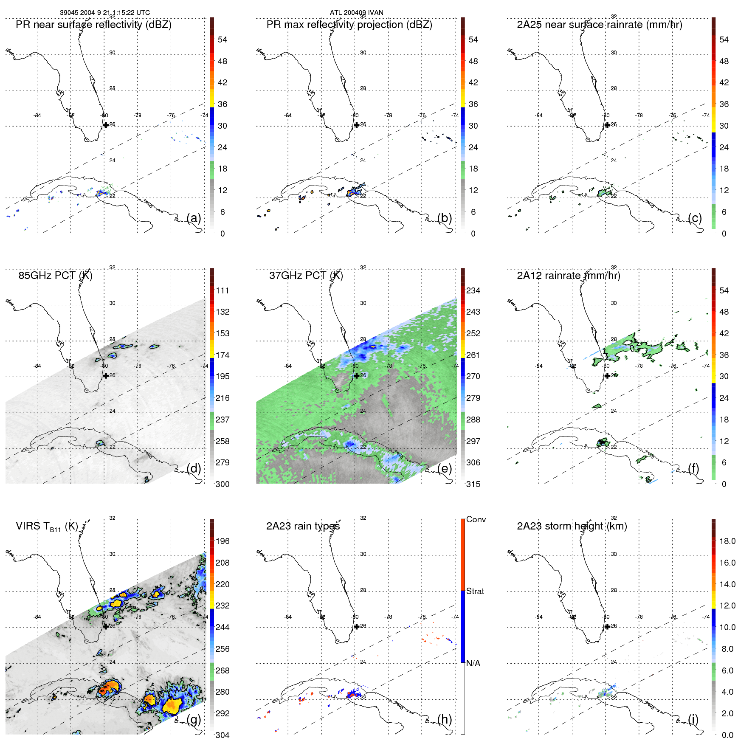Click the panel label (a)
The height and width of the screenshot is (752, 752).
pos(194,218)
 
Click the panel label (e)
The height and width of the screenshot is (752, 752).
pos(445,468)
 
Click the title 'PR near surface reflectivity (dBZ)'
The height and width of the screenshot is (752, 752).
pos(93,25)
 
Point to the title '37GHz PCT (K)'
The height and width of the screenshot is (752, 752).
pos(306,276)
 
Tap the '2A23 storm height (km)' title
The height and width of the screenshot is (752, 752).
pos(572,526)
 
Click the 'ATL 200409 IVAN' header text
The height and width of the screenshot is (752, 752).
pos(356,12)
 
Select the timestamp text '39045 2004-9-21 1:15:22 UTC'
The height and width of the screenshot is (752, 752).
pos(104,12)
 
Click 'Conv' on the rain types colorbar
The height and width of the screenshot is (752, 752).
pos(476,519)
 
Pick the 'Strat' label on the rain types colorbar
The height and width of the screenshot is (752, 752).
pos(475,591)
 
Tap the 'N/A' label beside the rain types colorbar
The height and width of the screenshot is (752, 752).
pos(473,663)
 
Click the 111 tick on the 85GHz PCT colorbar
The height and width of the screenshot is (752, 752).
pos(223,290)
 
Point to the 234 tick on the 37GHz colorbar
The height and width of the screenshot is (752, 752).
pos(473,290)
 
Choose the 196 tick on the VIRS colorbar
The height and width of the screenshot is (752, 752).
pos(223,541)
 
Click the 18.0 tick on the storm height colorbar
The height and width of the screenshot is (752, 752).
pos(727,541)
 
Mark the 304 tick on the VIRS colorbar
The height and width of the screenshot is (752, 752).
pos(223,735)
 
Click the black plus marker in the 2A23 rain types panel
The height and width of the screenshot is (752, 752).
pos(357,626)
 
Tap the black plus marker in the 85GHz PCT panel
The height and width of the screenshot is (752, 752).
pos(106,376)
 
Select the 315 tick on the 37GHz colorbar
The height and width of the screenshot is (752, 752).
pos(473,484)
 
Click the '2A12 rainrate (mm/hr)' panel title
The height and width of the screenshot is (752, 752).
pos(568,276)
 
